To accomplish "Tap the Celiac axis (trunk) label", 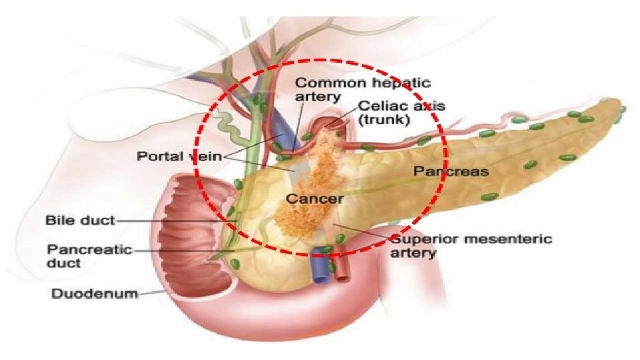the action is (401, 113).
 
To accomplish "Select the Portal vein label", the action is (180, 157).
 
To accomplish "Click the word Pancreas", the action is (451, 171).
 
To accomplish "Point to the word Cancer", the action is (315, 199).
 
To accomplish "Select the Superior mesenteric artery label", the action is (471, 245).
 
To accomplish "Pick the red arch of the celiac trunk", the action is (329, 124).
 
